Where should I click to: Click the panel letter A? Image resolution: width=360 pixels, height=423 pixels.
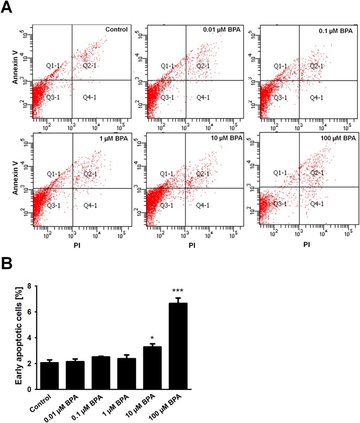point(6,8)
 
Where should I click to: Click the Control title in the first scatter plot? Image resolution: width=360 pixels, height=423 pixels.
point(116,29)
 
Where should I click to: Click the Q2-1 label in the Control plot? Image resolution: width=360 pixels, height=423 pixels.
point(91,66)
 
